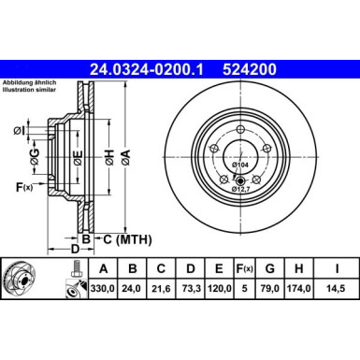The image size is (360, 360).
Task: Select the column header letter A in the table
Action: [x=103, y=271]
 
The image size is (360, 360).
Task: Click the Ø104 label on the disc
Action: [x=240, y=166]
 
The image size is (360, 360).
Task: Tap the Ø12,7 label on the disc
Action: [x=242, y=188]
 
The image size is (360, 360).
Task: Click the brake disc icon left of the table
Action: [x=32, y=281]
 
